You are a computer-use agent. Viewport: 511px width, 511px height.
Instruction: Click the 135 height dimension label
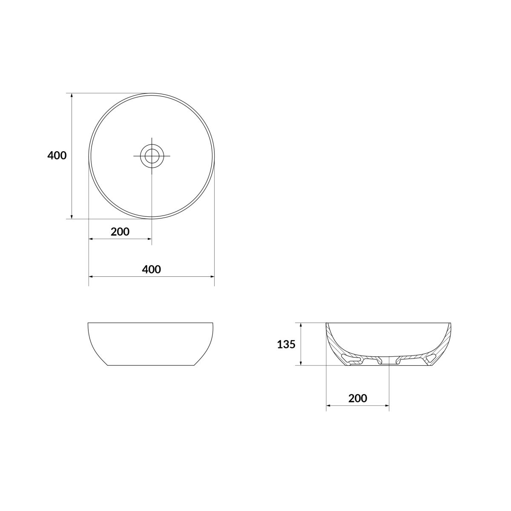(286, 344)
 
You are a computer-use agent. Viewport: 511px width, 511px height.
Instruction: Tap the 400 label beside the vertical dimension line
(57, 156)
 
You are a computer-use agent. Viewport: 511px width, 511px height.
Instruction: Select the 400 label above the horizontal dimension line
(152, 270)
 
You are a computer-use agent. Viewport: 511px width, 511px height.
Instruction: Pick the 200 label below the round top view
(120, 232)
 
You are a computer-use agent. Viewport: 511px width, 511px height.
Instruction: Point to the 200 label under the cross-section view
(358, 406)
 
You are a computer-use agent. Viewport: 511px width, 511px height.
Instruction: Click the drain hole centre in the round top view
(152, 156)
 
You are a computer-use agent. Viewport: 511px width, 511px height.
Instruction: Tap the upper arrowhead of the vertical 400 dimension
(72, 95)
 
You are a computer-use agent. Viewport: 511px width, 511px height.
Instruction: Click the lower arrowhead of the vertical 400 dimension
(72, 216)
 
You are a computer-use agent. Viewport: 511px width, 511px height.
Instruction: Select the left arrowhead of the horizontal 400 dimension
(91, 277)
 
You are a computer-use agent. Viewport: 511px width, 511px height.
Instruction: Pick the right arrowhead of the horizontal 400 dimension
(212, 277)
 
